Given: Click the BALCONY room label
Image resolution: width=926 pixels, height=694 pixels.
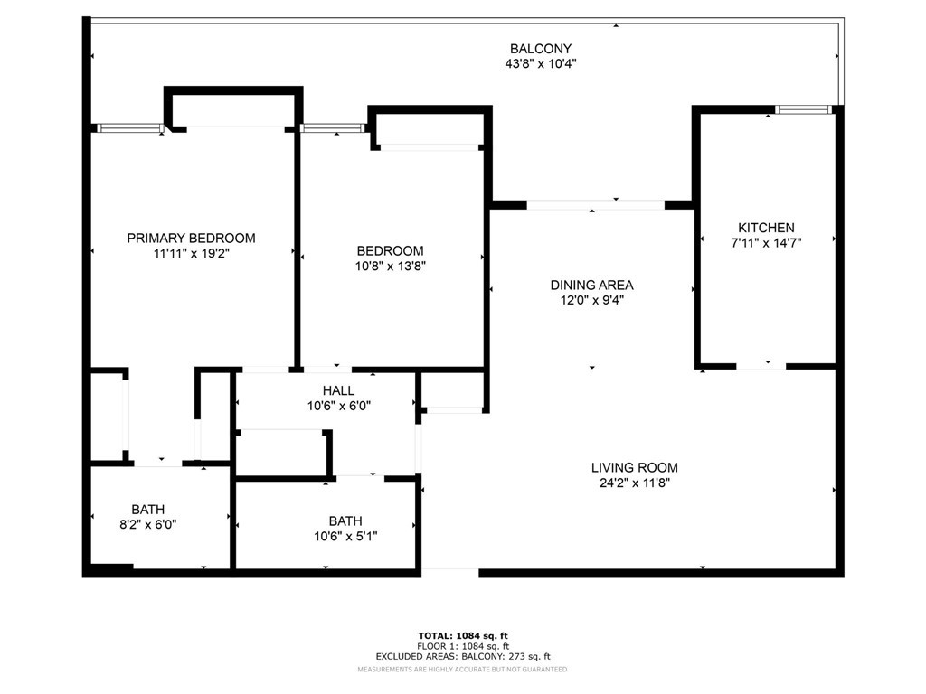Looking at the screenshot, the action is [541, 49].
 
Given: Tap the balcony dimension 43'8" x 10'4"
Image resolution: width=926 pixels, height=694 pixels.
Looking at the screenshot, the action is [541, 64].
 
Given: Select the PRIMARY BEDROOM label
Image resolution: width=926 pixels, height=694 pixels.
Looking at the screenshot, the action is [192, 239].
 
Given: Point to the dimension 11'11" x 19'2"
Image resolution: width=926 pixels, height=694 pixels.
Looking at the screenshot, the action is [192, 254].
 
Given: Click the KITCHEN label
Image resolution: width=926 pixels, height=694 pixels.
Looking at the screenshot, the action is [766, 228].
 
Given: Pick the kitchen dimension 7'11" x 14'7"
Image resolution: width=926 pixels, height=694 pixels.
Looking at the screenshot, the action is [766, 242].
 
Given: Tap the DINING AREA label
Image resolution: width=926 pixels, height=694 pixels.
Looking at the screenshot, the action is [591, 285].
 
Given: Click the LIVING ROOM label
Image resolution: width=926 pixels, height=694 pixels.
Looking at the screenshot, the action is [634, 468].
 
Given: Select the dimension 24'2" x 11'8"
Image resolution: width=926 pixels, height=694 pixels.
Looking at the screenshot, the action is [634, 483].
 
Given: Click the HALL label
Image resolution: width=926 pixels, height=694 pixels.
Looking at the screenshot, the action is [338, 390].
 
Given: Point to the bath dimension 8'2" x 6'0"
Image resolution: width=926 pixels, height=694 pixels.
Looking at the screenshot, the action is [148, 524].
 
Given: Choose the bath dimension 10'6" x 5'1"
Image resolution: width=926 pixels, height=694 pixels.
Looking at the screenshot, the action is [345, 536].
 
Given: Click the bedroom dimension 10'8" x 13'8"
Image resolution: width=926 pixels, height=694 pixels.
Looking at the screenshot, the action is [391, 267].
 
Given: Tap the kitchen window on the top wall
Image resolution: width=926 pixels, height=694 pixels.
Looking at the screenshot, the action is [803, 109].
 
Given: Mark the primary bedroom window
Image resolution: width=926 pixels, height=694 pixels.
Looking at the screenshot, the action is [130, 128].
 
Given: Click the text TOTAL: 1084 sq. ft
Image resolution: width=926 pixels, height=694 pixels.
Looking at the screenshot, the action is [463, 635].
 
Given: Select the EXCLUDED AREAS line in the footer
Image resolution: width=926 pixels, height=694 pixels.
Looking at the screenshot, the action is [463, 656].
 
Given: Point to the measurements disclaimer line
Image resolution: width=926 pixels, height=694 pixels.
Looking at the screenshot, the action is [462, 670].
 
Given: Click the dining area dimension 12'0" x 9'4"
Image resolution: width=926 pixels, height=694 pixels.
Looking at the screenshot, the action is [591, 300].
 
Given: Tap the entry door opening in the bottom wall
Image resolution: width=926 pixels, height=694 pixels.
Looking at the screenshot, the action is [450, 572].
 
